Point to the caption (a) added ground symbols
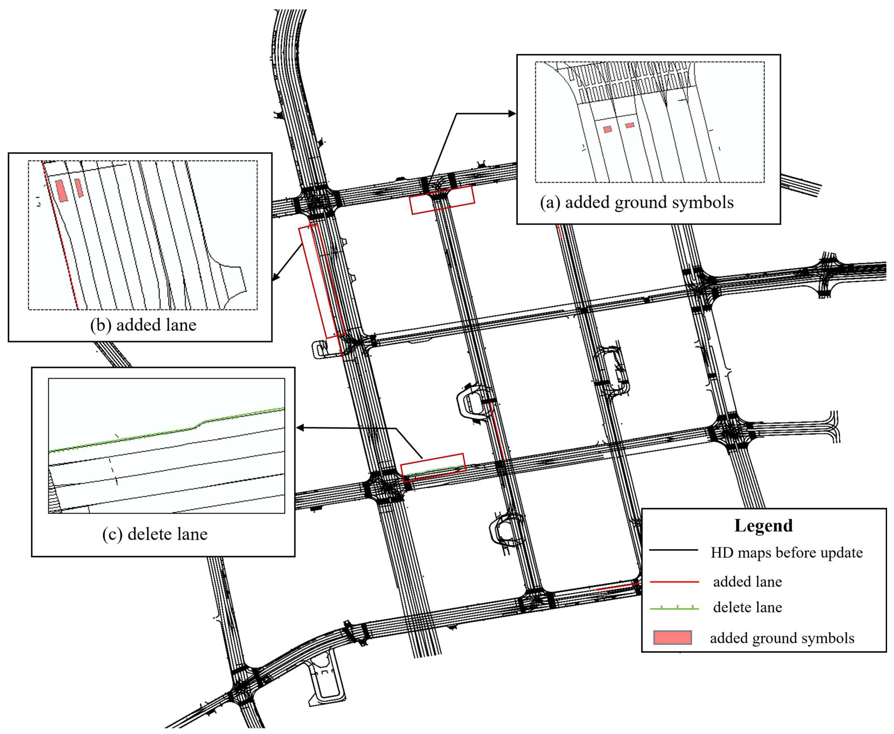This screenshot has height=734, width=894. click(637, 203)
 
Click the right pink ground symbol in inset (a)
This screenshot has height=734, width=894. click(630, 125)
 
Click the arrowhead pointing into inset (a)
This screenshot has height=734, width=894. click(512, 113)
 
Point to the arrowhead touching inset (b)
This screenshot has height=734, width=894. click(276, 277)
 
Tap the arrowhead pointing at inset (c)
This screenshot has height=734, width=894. click(300, 428)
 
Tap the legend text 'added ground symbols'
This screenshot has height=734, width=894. click(782, 638)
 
